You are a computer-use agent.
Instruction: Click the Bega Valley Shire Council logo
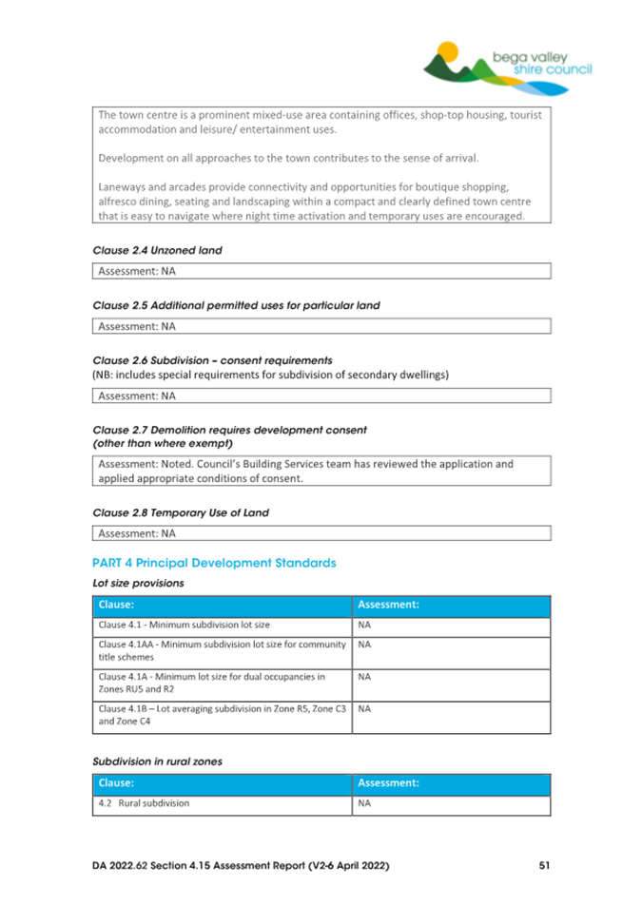click(x=508, y=67)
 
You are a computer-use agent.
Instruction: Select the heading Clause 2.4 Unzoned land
click(x=157, y=251)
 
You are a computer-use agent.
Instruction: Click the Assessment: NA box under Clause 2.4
click(x=322, y=271)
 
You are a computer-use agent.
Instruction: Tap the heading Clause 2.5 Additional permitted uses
click(x=235, y=305)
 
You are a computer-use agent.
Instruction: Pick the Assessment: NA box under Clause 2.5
click(x=322, y=326)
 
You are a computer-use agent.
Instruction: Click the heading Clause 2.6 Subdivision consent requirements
click(x=212, y=361)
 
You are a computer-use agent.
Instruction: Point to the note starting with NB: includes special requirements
click(x=270, y=375)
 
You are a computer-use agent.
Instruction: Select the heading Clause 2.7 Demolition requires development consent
click(x=229, y=430)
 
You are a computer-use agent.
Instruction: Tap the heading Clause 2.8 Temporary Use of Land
click(x=181, y=512)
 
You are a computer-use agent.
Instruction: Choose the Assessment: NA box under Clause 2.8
click(x=322, y=533)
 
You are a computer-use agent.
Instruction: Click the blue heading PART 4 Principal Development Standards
click(x=214, y=563)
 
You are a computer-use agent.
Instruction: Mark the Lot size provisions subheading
click(x=138, y=582)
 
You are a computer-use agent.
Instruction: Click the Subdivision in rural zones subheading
click(x=158, y=761)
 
